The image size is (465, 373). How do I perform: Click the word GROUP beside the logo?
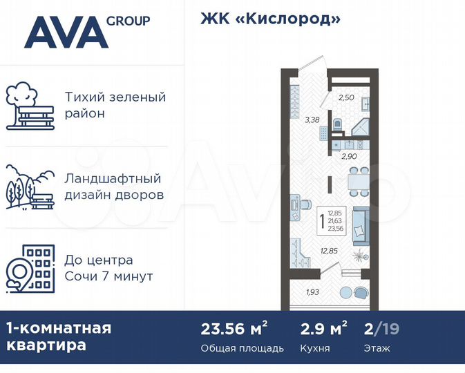128,21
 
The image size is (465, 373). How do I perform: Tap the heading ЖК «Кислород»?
271,19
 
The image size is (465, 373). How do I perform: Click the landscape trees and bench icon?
30,186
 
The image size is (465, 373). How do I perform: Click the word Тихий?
82,97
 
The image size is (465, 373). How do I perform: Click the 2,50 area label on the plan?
345,97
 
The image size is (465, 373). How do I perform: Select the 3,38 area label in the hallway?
312,119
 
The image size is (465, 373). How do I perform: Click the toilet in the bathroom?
337,125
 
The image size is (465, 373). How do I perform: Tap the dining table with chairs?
358,181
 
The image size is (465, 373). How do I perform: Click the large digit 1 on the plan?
323,222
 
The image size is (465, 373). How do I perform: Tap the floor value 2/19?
379,328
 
